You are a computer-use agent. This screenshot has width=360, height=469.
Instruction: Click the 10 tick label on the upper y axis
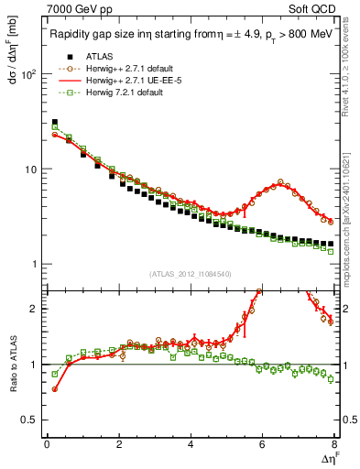coord(32,169)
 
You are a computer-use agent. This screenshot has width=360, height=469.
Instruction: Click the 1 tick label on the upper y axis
coord(36,265)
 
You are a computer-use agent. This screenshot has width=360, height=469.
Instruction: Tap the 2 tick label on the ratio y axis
coord(36,309)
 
